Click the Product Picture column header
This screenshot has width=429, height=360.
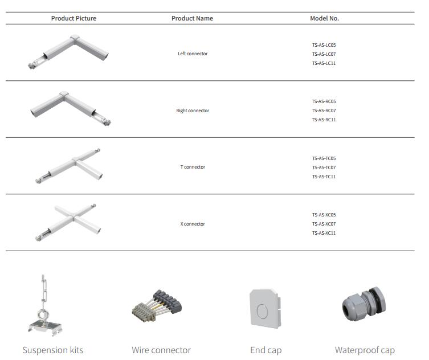point(73,18)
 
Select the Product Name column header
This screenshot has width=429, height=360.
point(192,18)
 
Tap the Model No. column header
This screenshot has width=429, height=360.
point(324,18)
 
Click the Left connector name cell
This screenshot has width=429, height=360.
point(193,54)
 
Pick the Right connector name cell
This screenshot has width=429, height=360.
point(193,111)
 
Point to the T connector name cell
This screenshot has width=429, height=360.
point(193,167)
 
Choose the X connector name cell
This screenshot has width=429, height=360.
point(193,224)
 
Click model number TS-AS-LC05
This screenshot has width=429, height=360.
point(324,44)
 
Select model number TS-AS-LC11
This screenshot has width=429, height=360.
point(324,63)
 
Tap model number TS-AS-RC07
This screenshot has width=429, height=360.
point(324,111)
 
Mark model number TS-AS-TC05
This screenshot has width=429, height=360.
point(324,158)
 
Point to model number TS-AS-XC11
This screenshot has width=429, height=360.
point(324,233)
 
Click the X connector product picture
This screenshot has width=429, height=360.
point(71,222)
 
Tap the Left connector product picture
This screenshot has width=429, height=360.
point(68,52)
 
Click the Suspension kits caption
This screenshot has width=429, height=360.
point(52,350)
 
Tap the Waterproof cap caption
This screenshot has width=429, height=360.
point(365,350)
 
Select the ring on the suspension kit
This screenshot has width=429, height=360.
point(43,313)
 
